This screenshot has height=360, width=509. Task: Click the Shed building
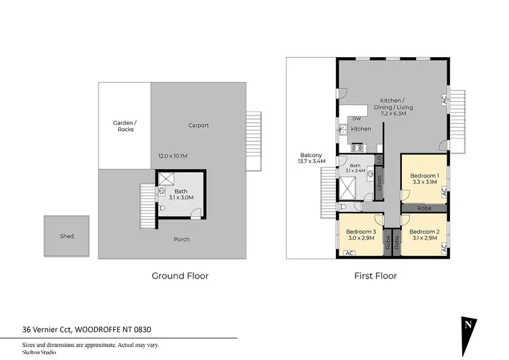67,236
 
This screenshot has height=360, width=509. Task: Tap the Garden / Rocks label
124,126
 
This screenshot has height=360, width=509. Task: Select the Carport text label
198,125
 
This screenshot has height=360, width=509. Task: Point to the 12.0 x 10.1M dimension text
174,156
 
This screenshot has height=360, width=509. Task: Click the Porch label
181,239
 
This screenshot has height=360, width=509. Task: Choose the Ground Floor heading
179,276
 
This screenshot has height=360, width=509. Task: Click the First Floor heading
375,276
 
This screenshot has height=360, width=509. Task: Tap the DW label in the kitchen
356,118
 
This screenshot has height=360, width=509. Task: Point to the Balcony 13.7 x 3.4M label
312,158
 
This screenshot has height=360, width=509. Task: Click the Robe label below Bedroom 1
424,208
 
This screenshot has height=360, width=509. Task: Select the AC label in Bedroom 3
350,253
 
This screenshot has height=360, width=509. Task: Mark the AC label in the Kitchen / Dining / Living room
444,99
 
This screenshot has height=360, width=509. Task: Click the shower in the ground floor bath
166,179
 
